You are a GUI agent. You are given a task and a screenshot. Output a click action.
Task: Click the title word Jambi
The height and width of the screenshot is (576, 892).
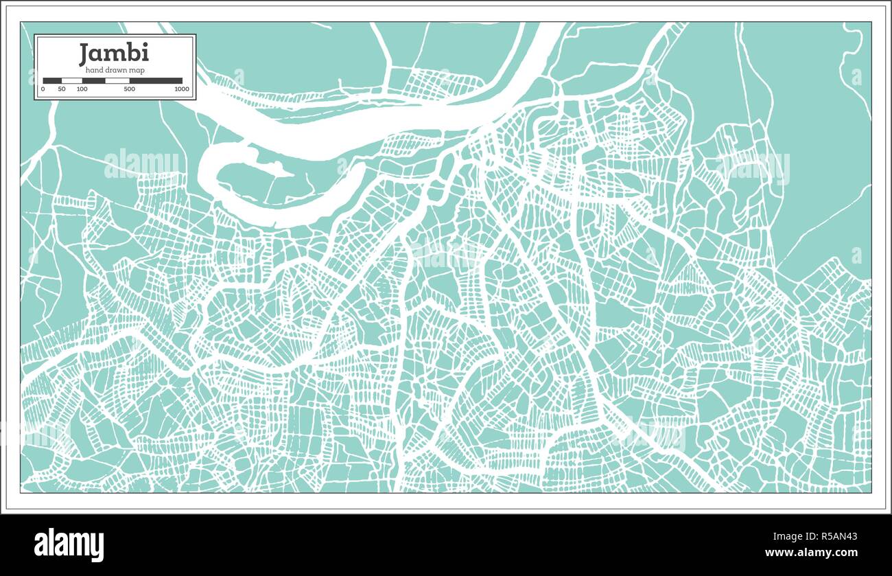pyautogui.click(x=113, y=53)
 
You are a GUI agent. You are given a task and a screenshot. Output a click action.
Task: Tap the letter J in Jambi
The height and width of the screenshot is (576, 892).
pyautogui.click(x=84, y=53)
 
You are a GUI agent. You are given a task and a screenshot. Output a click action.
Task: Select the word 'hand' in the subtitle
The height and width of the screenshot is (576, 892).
pyautogui.click(x=95, y=70)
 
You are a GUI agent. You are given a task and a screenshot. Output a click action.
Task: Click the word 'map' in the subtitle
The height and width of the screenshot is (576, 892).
pyautogui.click(x=137, y=70)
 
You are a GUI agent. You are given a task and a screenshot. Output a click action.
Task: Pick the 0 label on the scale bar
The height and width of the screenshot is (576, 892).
pyautogui.click(x=43, y=89)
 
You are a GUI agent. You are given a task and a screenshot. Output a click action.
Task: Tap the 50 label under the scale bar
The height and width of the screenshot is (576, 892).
pyautogui.click(x=62, y=89)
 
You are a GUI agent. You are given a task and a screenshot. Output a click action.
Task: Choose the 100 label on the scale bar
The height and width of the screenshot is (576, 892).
pyautogui.click(x=82, y=89)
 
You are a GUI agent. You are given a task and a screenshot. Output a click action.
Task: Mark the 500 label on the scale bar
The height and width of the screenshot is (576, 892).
pyautogui.click(x=129, y=89)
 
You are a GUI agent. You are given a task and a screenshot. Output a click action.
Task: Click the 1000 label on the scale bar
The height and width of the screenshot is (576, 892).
pyautogui.click(x=182, y=89)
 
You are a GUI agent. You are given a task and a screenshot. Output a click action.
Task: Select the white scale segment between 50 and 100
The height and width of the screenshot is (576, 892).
pyautogui.click(x=72, y=81)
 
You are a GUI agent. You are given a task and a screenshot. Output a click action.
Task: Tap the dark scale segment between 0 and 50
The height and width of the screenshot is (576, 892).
pyautogui.click(x=52, y=81)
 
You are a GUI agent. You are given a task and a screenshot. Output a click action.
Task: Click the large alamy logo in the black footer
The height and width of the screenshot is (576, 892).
pyautogui.click(x=69, y=544)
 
